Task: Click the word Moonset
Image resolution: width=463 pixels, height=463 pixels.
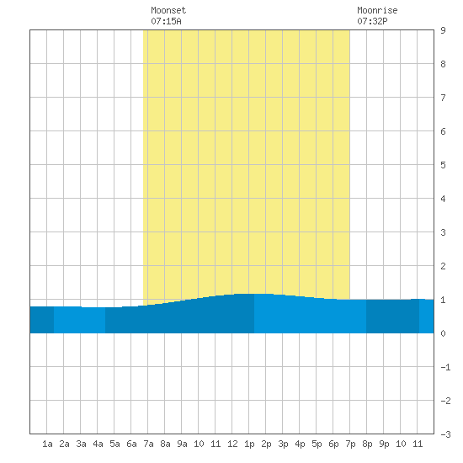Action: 168,10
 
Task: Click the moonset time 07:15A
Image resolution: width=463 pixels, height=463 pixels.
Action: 166,21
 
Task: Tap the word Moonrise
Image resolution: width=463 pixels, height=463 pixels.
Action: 377,10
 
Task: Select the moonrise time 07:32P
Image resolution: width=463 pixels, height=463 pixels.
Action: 372,21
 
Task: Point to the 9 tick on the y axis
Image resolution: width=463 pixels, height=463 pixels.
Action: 443,30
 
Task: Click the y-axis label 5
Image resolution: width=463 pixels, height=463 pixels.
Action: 443,165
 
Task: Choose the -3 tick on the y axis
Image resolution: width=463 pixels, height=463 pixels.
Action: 445,434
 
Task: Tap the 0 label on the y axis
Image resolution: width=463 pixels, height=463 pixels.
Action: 443,333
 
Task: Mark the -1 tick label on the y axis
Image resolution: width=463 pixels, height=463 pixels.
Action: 445,367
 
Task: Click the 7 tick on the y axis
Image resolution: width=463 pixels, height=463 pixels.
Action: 443,98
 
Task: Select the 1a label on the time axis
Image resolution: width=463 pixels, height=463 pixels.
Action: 47,444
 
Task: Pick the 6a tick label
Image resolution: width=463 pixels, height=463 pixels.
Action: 131,444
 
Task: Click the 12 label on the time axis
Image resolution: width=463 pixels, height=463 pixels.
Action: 232,444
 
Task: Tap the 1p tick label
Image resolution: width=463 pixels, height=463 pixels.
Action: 249,444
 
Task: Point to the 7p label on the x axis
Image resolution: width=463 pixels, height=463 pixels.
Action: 350,444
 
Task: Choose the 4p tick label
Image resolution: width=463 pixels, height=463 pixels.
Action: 300,444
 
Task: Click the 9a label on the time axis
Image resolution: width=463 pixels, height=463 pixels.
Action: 182,444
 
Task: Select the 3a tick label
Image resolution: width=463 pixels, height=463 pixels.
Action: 81,444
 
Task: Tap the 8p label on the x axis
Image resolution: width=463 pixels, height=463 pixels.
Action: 367,444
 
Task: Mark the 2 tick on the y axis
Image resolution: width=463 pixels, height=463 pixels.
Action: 443,266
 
